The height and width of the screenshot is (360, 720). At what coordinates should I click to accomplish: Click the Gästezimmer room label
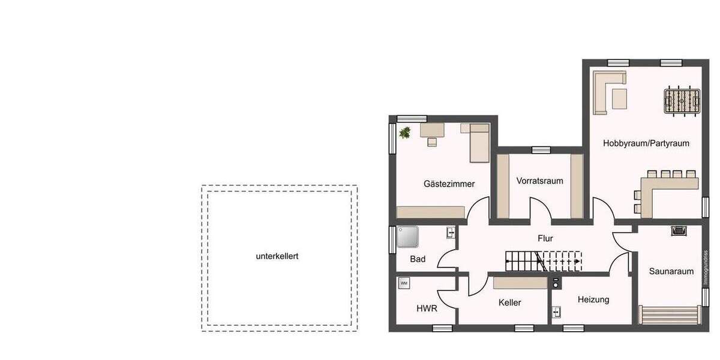point(449,184)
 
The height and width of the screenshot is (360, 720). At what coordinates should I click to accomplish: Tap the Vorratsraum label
point(539,181)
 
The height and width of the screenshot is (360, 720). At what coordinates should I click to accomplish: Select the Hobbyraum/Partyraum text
point(646,143)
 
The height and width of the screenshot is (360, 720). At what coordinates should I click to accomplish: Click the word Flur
point(545,238)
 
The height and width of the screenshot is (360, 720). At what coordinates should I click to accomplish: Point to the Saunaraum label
point(671,271)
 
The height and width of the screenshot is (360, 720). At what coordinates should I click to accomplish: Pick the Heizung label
point(593,299)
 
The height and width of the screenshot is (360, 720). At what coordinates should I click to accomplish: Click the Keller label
point(509,302)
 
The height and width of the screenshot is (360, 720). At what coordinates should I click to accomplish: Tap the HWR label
point(427,308)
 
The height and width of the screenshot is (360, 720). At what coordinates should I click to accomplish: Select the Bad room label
point(418,259)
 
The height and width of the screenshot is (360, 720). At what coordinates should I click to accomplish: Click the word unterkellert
point(277,256)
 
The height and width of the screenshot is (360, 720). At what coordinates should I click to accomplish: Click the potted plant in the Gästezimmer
point(405,132)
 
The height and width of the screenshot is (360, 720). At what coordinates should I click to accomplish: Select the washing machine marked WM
point(403,283)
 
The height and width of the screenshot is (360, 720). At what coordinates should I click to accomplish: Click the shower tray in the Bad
point(409,237)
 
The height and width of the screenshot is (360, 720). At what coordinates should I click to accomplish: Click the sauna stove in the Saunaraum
point(678,230)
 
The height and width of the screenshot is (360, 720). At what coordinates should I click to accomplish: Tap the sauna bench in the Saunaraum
point(669,314)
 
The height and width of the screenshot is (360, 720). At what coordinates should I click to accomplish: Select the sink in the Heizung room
point(556,312)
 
